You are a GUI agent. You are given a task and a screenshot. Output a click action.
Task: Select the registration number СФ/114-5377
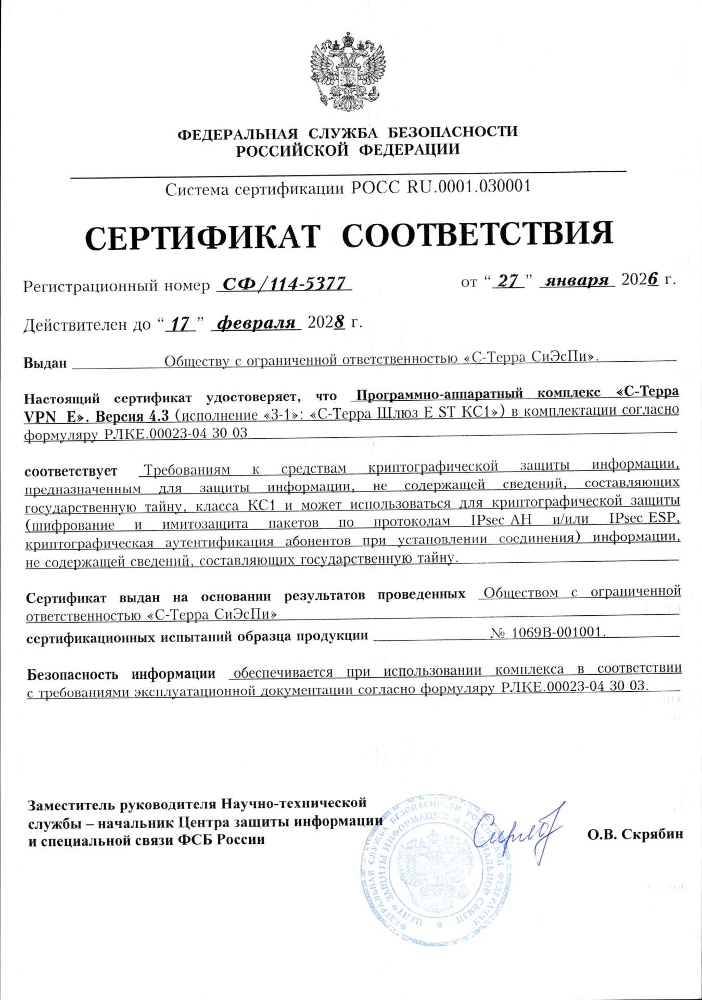click(284, 283)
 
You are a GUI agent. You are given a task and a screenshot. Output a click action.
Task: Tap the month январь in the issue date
click(577, 280)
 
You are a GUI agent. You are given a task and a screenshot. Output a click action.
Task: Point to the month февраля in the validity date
click(256, 323)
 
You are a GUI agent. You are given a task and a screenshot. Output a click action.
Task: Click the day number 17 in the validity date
click(180, 324)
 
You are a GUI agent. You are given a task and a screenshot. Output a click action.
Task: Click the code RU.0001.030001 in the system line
click(468, 186)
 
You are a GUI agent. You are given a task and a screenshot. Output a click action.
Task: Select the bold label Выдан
click(45, 363)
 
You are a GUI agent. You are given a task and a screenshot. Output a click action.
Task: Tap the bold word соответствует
click(71, 472)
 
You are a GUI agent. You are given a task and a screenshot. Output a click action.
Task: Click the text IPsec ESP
click(644, 518)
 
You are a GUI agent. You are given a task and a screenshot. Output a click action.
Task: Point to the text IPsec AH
click(501, 520)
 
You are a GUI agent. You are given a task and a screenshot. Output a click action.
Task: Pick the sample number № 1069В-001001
click(547, 632)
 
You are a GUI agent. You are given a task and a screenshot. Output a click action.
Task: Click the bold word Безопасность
click(72, 675)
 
